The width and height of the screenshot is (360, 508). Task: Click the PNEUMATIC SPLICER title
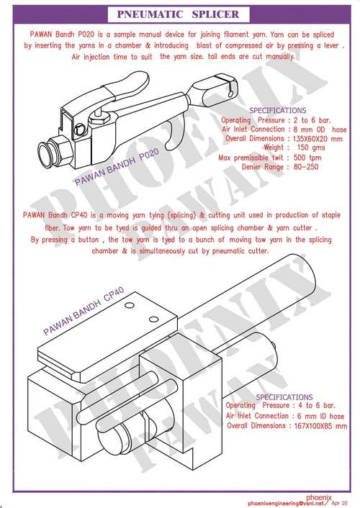tap(178, 14)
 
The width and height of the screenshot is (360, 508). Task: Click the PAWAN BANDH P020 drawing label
tap(117, 167)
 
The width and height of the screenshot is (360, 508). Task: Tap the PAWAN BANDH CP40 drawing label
tap(84, 311)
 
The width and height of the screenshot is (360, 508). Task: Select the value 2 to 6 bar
tap(312, 120)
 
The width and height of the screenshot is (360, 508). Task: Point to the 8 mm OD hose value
tap(320, 130)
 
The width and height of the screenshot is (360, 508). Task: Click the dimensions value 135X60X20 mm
tap(318, 139)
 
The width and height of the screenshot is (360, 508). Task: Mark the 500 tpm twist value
tap(307, 158)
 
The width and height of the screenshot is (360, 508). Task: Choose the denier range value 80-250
tap(306, 167)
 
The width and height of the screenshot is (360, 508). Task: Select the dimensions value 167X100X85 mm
tap(320, 426)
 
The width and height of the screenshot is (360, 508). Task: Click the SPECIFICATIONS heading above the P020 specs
tap(278, 111)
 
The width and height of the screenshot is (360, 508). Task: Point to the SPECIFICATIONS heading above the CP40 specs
tap(284, 397)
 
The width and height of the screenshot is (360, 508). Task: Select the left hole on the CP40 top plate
tap(130, 305)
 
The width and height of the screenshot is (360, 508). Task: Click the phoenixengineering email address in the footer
tap(286, 503)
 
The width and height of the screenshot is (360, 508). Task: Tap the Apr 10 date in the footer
tap(339, 503)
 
